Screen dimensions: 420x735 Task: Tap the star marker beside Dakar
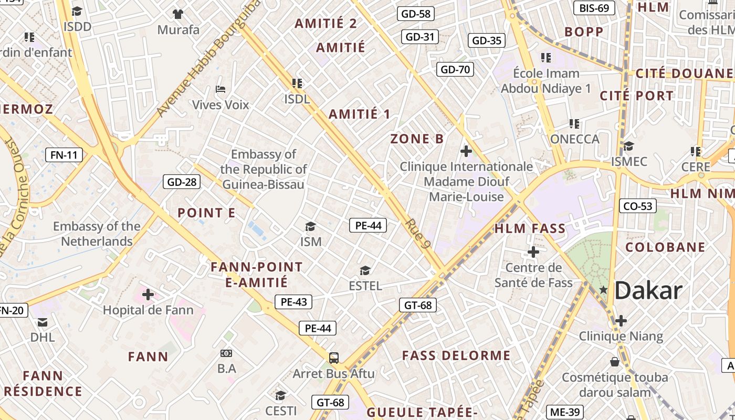coord(604,289)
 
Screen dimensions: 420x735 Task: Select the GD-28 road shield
coord(182,182)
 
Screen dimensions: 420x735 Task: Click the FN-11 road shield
coord(64,155)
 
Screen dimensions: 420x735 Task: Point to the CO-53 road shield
coord(638,206)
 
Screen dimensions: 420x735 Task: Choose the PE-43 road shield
coord(293,302)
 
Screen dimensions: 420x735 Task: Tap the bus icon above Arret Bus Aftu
coord(333,358)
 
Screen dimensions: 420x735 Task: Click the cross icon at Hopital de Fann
coord(148,295)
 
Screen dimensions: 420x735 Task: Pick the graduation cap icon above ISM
coord(311,226)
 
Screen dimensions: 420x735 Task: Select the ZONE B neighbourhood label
coord(417,139)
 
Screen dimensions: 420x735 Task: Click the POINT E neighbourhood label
coord(206,213)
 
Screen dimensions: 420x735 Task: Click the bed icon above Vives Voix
coord(220,89)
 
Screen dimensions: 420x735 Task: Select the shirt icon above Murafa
coord(178,14)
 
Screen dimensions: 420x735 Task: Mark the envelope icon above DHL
coord(43,322)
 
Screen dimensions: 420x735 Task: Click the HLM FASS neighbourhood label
coord(530,228)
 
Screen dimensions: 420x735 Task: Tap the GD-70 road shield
coord(455,69)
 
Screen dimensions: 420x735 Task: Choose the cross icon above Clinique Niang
coord(621,320)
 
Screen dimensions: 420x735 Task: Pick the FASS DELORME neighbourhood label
coord(456,355)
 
